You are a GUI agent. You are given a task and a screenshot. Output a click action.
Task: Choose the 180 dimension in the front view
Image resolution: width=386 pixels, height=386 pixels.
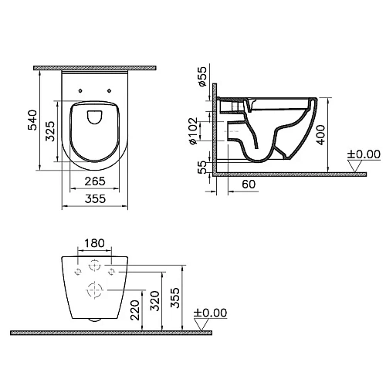coord(94,244)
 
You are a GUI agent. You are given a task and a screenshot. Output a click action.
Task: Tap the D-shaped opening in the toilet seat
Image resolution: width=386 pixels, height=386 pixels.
coord(93,117)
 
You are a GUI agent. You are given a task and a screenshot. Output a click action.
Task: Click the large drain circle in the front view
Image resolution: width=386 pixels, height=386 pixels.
coord(94,292)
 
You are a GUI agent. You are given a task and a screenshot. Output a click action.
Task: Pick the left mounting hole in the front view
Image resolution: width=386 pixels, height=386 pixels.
coord(77,272)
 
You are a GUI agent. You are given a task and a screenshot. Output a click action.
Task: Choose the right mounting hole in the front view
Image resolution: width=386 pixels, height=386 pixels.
coord(111,272)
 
